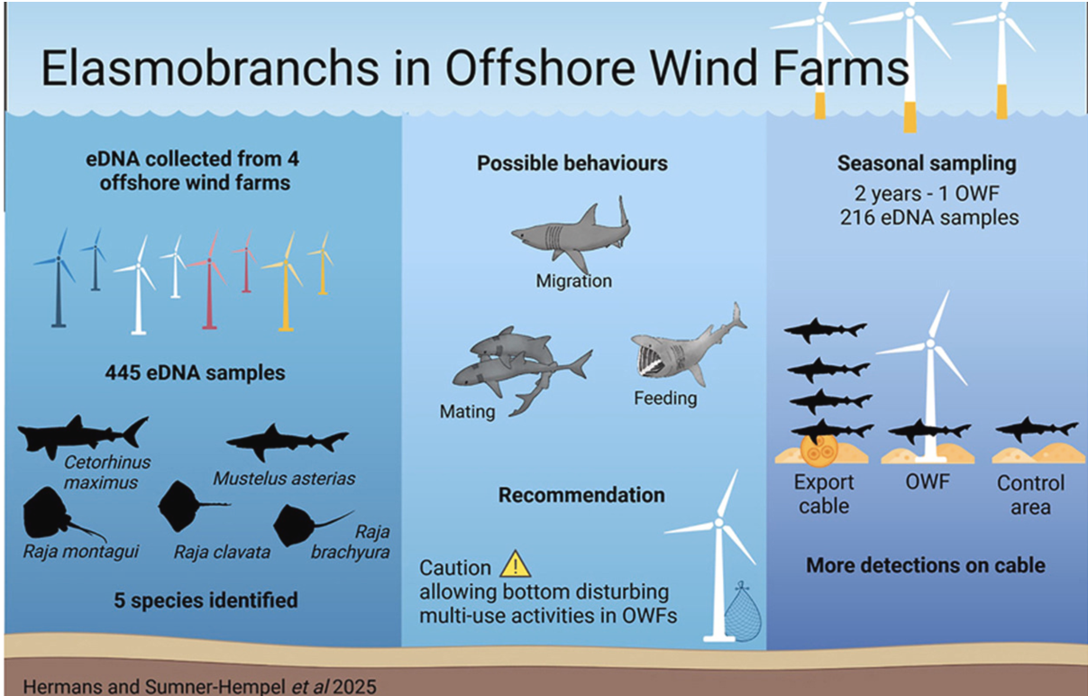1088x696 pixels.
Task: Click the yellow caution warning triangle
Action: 516,564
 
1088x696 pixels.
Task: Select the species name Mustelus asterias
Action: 284,479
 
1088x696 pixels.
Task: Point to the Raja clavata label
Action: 222,553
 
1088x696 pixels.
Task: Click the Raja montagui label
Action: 81,552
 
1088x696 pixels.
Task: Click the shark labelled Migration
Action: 571,234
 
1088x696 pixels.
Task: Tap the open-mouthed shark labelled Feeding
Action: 689,344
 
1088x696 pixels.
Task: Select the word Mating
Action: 467,412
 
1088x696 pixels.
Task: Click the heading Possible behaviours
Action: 572,163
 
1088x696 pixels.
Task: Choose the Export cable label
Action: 824,494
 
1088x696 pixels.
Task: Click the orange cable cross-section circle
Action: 818,450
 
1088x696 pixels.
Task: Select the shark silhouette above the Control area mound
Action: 1037,428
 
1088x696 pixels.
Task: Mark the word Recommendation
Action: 581,496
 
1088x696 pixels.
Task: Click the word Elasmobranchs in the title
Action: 210,68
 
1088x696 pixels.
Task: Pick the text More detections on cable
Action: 926,566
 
